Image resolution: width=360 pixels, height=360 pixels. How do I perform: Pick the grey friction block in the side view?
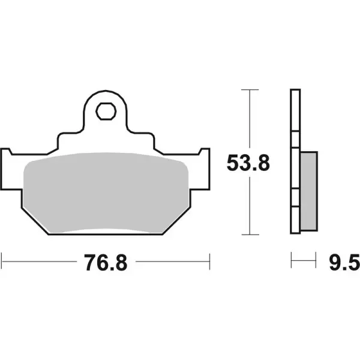pyautogui.click(x=307, y=191)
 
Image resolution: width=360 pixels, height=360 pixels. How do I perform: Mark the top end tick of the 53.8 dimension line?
pyautogui.click(x=250, y=89)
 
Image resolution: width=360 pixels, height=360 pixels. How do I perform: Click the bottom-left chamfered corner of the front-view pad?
pyautogui.click(x=31, y=221)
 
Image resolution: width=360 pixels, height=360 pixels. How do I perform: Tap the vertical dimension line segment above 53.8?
pyautogui.click(x=250, y=120)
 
